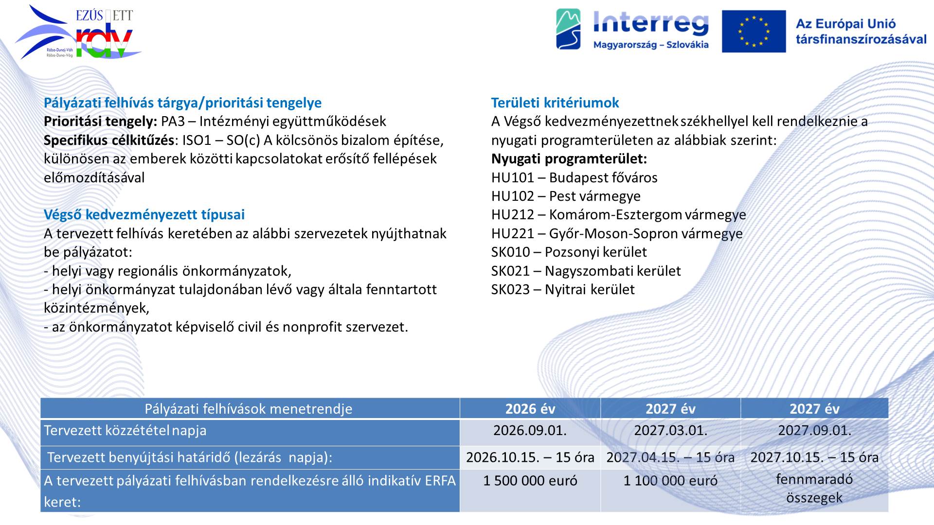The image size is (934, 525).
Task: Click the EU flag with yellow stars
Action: [754, 31]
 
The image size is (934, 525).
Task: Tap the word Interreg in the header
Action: [651, 23]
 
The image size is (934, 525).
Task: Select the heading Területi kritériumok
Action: [555, 103]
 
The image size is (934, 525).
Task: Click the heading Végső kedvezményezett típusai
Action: [144, 214]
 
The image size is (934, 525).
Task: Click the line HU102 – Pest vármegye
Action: [566, 196]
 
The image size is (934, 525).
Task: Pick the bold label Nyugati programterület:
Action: [569, 159]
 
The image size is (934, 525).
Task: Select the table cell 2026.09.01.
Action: [530, 430]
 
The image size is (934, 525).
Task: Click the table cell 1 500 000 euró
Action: [530, 481]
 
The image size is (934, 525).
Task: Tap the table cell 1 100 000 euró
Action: [670, 481]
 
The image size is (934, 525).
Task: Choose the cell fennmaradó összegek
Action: [814, 488]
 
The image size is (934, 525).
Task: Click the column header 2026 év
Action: [530, 409]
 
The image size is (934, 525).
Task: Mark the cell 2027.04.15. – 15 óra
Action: [670, 457]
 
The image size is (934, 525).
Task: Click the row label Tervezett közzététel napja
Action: [125, 431]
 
